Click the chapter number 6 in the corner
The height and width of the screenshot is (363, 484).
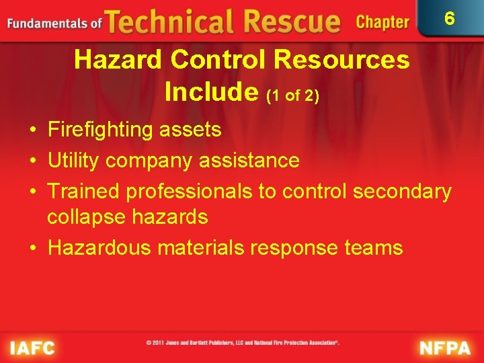(x=450, y=19)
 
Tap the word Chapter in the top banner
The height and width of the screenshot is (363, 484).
(x=382, y=22)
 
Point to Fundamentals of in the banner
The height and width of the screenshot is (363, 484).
(x=54, y=24)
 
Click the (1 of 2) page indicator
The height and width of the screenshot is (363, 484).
(x=292, y=95)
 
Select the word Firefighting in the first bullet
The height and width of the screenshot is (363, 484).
(x=100, y=130)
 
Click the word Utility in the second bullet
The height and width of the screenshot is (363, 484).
(x=73, y=161)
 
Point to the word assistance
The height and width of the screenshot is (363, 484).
(x=246, y=161)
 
